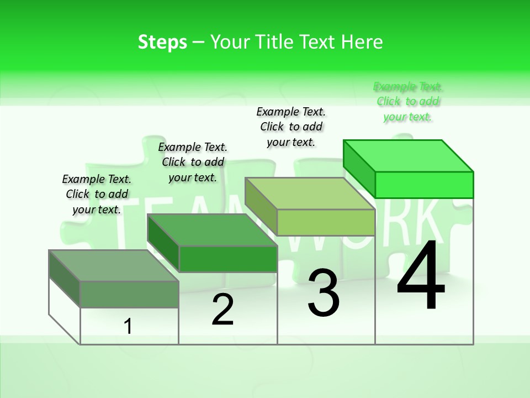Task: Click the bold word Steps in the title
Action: (x=162, y=43)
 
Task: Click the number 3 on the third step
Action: (x=324, y=293)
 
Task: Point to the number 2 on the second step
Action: (x=223, y=310)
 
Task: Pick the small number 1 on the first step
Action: (x=128, y=326)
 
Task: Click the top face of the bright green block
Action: (x=409, y=156)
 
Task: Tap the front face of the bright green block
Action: (x=424, y=185)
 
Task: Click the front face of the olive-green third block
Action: (x=326, y=222)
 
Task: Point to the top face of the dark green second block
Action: (x=212, y=230)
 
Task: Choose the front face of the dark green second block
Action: (x=227, y=259)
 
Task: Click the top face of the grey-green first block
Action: (x=114, y=266)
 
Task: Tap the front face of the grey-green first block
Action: (x=129, y=294)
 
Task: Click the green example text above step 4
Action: (x=408, y=102)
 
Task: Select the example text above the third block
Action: (x=291, y=127)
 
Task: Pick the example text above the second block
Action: (x=193, y=162)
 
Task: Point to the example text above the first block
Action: (x=97, y=194)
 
